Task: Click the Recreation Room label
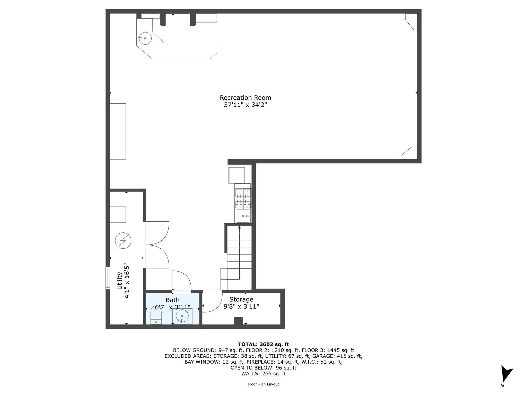245,98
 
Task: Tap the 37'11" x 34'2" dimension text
245,105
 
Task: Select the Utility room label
120,281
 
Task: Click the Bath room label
172,300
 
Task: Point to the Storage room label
241,299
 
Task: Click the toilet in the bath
156,316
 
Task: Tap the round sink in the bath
182,316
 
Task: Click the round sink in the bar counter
145,38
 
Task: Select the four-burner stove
243,199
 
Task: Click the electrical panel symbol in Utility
123,240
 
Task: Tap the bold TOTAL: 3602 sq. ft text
263,344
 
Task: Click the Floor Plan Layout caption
263,384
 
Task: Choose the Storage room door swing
212,302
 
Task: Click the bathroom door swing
181,281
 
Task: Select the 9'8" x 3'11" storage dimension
241,307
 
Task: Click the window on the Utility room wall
108,279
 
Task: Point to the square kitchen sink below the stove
243,216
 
